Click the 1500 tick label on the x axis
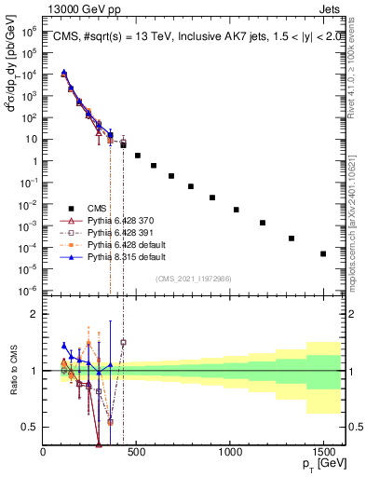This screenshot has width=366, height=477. [x=323, y=453]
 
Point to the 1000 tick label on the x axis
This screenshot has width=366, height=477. [x=230, y=453]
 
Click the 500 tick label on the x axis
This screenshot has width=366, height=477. [x=137, y=453]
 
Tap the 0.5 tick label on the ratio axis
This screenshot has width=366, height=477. [x=31, y=427]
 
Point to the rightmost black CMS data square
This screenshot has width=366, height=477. [x=323, y=253]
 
